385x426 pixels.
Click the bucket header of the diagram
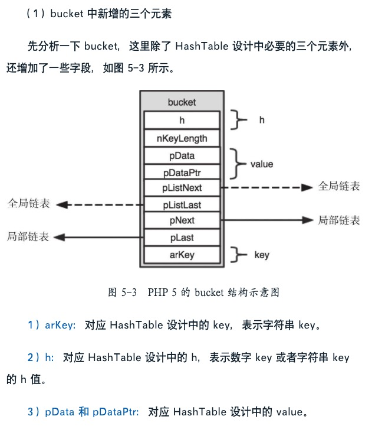(x=182, y=102)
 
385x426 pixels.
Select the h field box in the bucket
(x=182, y=120)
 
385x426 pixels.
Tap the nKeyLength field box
(x=182, y=139)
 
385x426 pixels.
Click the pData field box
(x=182, y=156)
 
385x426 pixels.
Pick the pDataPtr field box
(x=182, y=173)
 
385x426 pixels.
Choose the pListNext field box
(x=182, y=188)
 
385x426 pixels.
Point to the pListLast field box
(x=182, y=204)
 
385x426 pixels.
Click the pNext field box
(x=182, y=220)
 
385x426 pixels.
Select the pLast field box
(x=182, y=237)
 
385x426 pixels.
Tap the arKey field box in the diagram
(x=182, y=255)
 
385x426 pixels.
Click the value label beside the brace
(x=261, y=164)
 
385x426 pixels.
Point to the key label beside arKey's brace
(x=261, y=255)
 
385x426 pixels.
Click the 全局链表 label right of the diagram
(x=339, y=187)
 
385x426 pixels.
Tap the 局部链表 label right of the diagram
(x=339, y=220)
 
